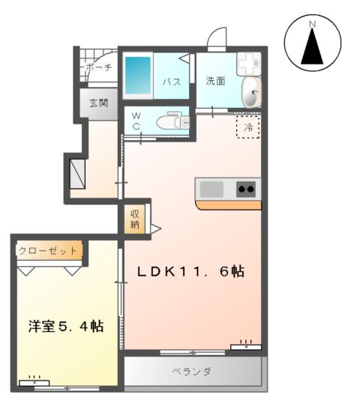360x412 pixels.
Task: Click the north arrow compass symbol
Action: click(x=313, y=45)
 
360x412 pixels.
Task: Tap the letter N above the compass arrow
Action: click(x=313, y=24)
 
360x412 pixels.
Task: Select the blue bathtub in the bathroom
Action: click(x=138, y=76)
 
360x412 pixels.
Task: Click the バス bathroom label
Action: click(x=171, y=82)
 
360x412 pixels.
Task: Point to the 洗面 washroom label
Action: click(x=216, y=80)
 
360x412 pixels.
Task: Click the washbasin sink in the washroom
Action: click(x=252, y=94)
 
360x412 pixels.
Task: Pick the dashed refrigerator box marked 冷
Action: click(x=248, y=128)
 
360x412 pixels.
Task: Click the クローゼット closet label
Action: click(x=47, y=251)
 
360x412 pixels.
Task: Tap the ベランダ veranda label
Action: click(x=191, y=372)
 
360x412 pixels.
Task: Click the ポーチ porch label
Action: click(x=99, y=68)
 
